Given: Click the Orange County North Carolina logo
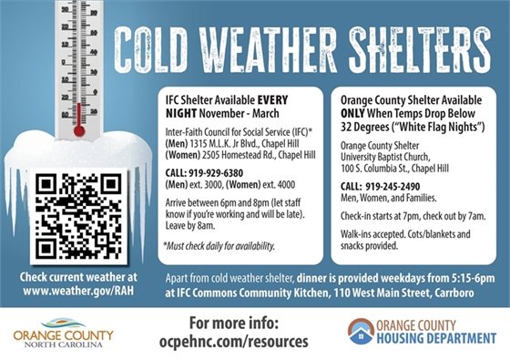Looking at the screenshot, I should tap(63, 330).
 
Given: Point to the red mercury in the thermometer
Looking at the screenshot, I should tap(79, 118).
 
